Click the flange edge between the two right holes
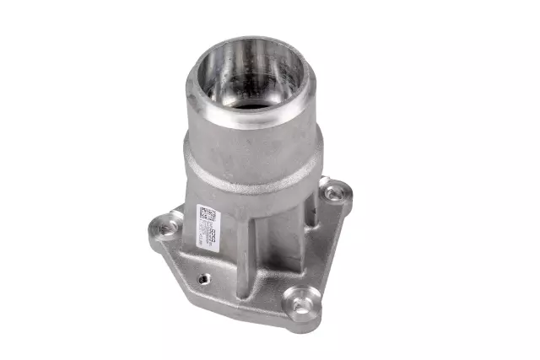tap(329, 244)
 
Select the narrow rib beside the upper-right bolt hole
tap(316, 207)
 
